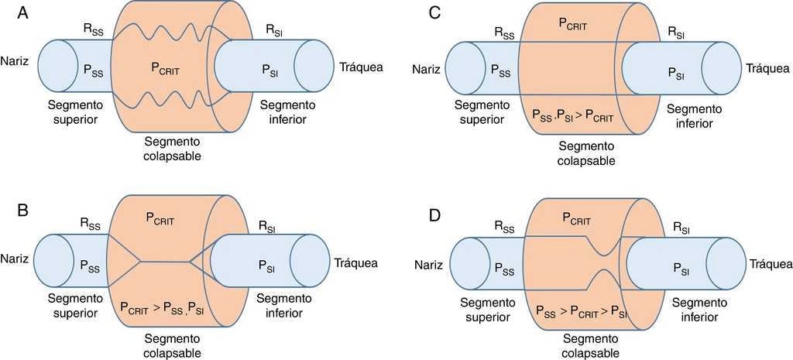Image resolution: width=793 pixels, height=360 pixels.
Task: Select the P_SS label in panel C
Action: point(500,69)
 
